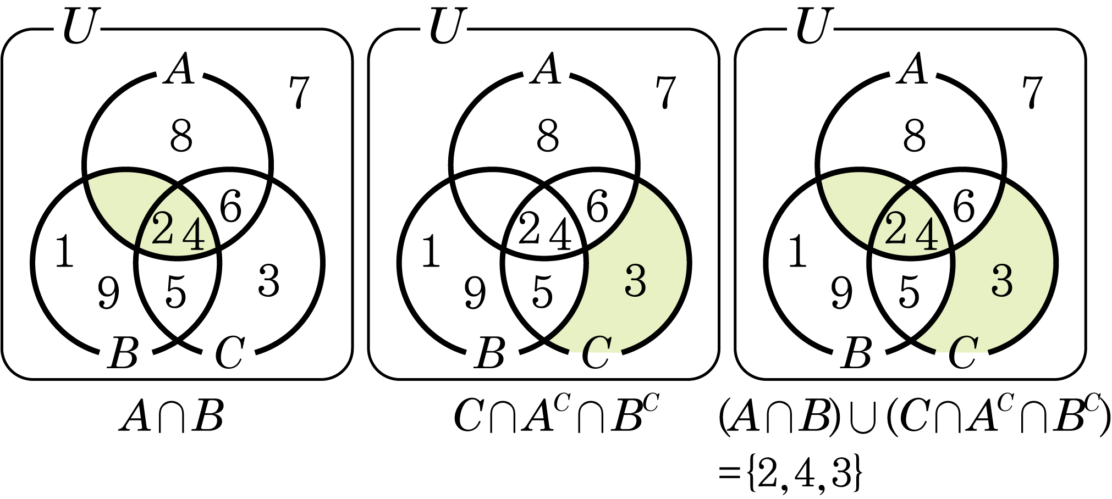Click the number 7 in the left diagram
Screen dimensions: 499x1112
pyautogui.click(x=300, y=92)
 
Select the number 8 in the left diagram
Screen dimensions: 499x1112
pyautogui.click(x=181, y=136)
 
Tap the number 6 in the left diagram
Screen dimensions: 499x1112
pyautogui.click(x=230, y=208)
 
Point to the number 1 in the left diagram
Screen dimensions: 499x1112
pyautogui.click(x=65, y=252)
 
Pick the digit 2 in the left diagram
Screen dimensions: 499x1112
pyautogui.click(x=163, y=229)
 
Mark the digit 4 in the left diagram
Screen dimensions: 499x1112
pyautogui.click(x=194, y=235)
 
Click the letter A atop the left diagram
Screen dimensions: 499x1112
pyautogui.click(x=180, y=70)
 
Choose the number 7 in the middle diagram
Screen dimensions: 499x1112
pyautogui.click(x=666, y=92)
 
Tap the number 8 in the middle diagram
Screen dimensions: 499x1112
pyautogui.click(x=548, y=136)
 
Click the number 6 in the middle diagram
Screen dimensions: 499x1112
pyautogui.click(x=597, y=208)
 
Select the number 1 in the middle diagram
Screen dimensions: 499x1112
pyautogui.click(x=431, y=252)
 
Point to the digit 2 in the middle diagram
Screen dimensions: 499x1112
pyautogui.click(x=530, y=229)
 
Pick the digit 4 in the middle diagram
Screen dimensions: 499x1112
pyautogui.click(x=560, y=235)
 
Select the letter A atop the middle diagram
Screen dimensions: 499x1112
pyautogui.click(x=546, y=70)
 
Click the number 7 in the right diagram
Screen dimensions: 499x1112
pyautogui.click(x=1032, y=92)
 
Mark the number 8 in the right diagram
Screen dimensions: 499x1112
pyautogui.click(x=914, y=136)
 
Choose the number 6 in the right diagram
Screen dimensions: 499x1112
pyautogui.click(x=963, y=208)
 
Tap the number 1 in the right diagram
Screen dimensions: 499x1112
pyautogui.click(x=797, y=252)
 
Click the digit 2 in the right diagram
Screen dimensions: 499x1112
pyautogui.click(x=896, y=229)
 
